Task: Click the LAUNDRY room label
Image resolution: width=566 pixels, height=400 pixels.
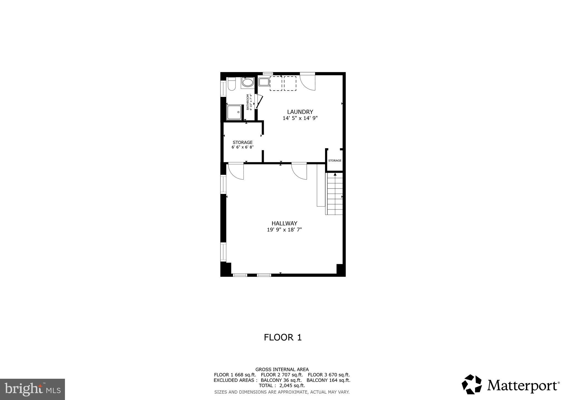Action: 300,112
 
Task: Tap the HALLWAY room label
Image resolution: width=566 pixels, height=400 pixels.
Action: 284,223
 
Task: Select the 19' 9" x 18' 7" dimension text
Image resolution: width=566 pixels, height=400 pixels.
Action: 284,230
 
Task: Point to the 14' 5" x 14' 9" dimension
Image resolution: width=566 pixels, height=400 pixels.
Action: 300,118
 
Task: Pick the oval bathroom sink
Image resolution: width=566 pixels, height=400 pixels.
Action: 248,82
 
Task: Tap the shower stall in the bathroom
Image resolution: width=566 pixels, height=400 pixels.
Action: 234,112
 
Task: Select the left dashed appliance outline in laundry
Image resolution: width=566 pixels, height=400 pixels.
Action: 276,83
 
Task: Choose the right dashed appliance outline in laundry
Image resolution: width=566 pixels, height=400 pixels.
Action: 290,83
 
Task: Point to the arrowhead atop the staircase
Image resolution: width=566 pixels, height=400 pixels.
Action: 335,174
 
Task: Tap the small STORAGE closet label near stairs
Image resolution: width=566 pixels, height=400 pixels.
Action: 335,160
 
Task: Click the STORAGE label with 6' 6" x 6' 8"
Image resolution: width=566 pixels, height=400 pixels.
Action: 242,143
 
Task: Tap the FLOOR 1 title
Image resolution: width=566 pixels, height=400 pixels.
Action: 283,337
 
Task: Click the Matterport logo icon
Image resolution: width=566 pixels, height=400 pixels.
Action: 471,384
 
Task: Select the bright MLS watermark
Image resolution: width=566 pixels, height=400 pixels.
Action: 32,389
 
